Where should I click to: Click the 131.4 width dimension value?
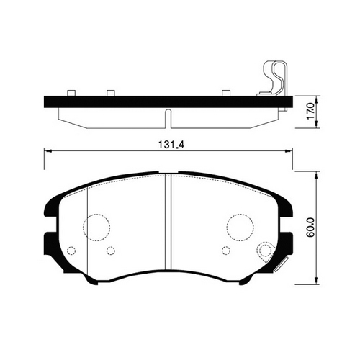click(x=171, y=145)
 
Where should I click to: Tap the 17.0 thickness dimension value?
click(x=310, y=111)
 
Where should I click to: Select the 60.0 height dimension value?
click(x=310, y=228)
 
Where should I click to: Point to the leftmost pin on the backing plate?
click(x=71, y=93)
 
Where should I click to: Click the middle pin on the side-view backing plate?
click(x=111, y=93)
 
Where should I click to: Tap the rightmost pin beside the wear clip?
click(x=226, y=93)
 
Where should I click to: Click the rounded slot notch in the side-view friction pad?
click(x=168, y=119)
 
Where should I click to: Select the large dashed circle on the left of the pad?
click(x=96, y=228)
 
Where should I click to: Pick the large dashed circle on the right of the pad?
click(x=240, y=227)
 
